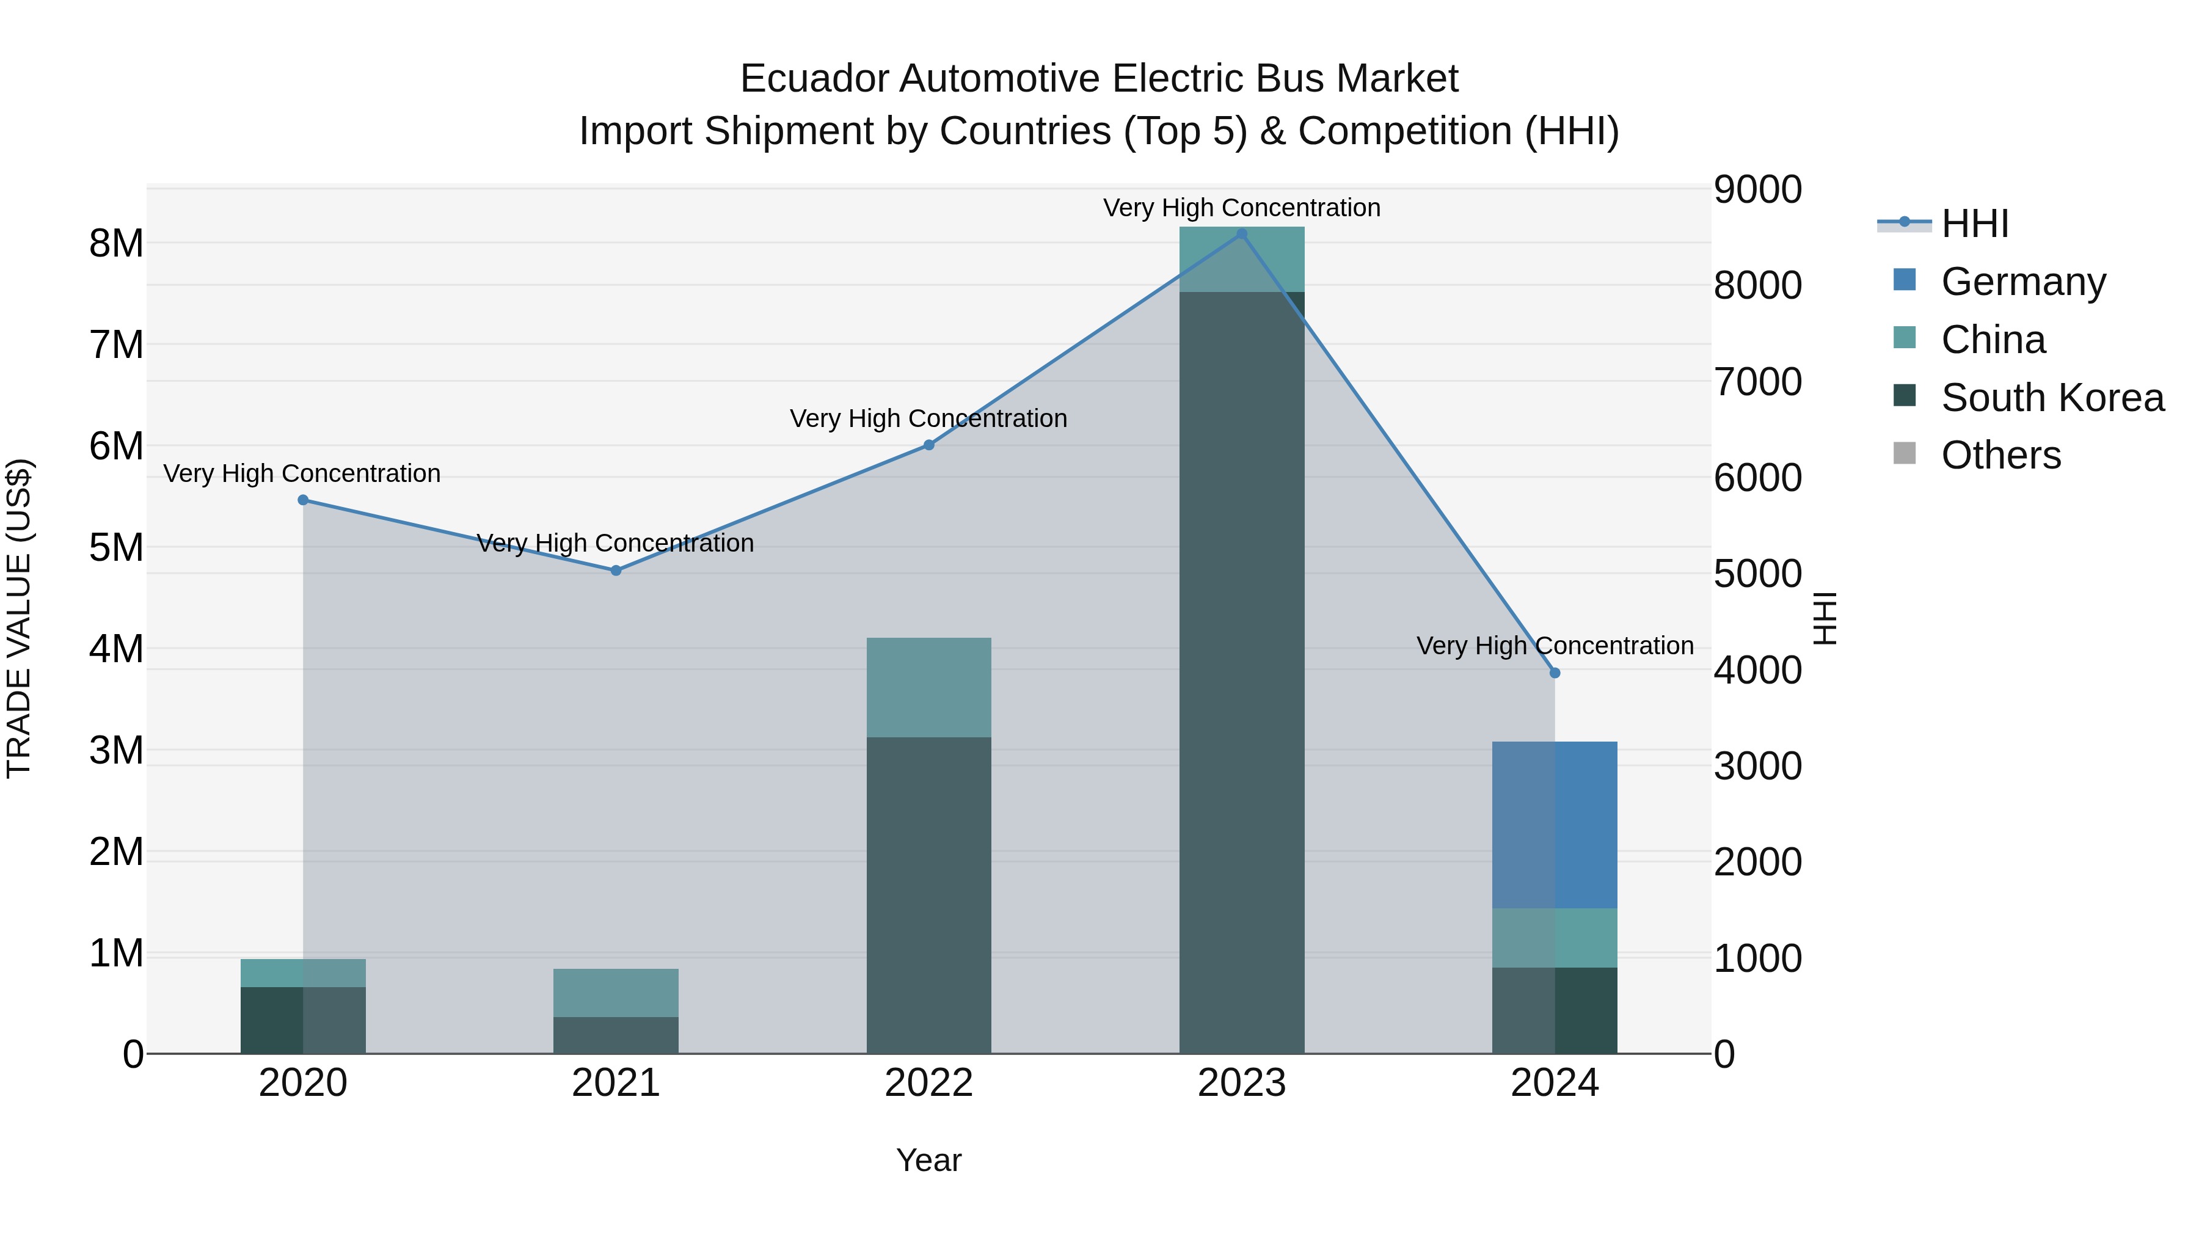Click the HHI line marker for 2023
click(1241, 234)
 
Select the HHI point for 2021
click(616, 571)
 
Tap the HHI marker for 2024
click(1555, 673)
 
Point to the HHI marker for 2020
click(303, 500)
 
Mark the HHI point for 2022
click(928, 445)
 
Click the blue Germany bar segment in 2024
click(1555, 825)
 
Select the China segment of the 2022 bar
click(928, 687)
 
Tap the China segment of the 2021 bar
click(616, 993)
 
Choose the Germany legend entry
click(2023, 282)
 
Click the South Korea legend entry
click(2052, 398)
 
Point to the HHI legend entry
click(1974, 224)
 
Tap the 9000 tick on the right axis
click(1757, 189)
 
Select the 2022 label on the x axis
click(928, 1083)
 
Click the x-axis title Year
click(928, 1160)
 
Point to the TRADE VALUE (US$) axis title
click(19, 618)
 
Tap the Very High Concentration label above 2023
click(1241, 208)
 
